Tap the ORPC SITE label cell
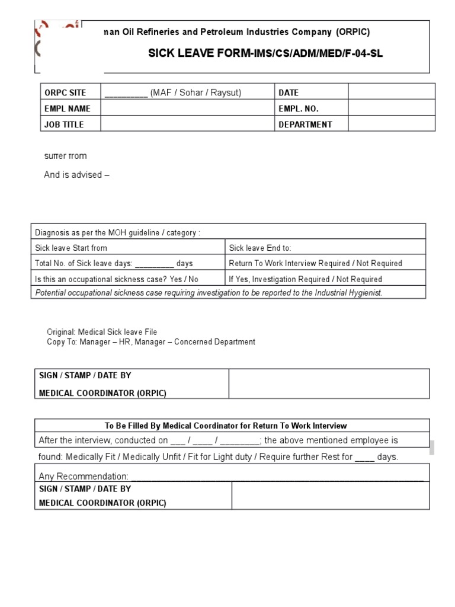65,92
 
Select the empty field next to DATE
391,92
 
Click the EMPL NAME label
67,108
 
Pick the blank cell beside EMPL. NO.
391,108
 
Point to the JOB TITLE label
64,124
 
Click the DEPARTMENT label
305,124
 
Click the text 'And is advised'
76,175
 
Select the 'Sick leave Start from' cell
71,248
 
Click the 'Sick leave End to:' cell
260,248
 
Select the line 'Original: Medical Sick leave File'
102,332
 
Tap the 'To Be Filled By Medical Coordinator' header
226,426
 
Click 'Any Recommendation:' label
84,476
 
